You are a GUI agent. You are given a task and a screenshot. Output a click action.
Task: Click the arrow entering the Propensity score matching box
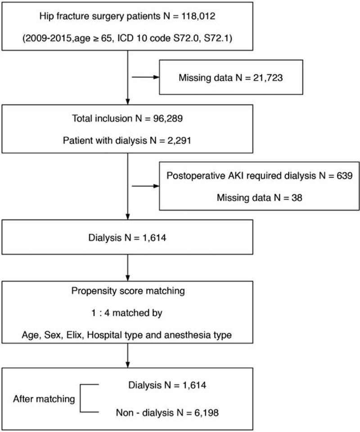tap(128, 274)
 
